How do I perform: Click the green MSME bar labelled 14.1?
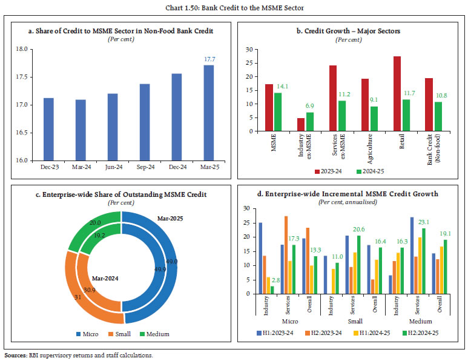point(278,112)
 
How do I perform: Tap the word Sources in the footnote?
point(16,356)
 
